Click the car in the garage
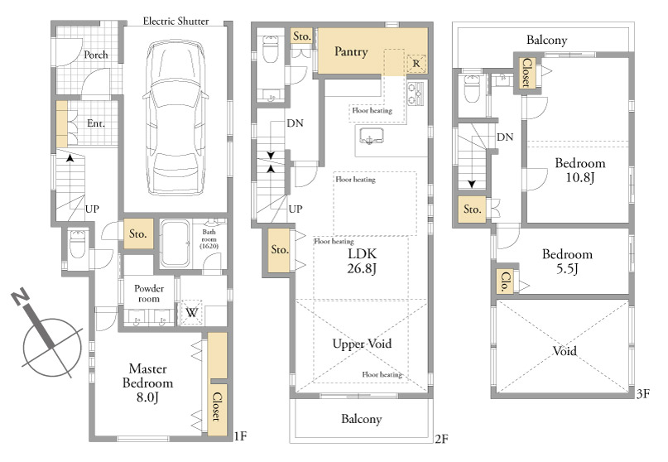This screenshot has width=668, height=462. pos(175,118)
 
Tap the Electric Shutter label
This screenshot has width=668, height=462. pos(175,22)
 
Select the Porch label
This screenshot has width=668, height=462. pos(96,55)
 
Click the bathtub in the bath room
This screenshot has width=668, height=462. pos(175,243)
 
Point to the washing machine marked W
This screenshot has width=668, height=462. pos(192,313)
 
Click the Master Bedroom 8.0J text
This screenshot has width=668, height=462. pos(147,383)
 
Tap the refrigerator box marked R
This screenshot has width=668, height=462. pos(416,64)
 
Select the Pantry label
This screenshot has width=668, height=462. pos(351,51)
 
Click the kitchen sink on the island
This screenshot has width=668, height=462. pos(371,137)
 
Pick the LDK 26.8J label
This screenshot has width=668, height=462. pos(362,261)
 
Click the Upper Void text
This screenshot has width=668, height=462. pos(362,344)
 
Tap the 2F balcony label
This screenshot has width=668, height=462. pos(361,419)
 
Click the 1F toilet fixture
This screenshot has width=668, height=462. pos(78,244)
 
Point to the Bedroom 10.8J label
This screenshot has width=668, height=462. pos(579,170)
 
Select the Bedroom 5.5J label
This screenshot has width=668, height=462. pos(567,261)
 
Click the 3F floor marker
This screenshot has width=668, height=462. pos(643,394)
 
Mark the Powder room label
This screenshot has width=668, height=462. pos(149,294)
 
